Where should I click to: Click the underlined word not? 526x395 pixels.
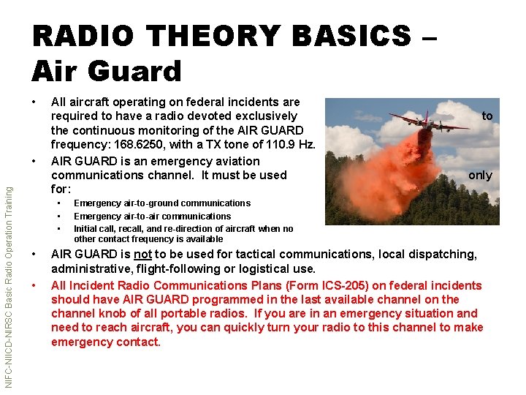(143, 255)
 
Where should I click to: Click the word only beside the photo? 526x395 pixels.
(480, 175)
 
